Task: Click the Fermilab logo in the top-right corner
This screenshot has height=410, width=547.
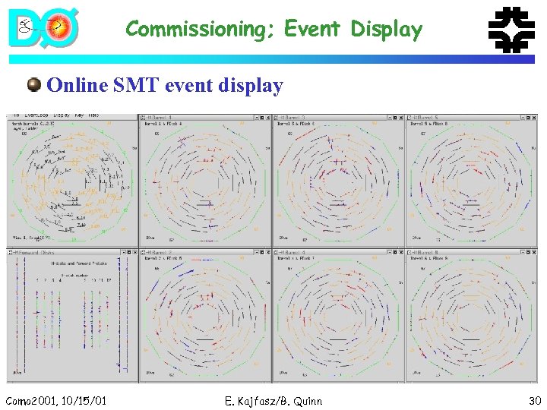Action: click(510, 30)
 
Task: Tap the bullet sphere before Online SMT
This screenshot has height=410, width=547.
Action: click(34, 84)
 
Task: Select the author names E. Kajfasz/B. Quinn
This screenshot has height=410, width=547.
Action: click(273, 400)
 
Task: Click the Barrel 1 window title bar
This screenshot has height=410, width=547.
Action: click(198, 118)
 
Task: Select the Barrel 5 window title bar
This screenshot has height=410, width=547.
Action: click(463, 118)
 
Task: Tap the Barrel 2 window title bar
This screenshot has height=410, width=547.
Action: click(198, 252)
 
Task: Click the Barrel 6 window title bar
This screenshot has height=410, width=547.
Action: click(463, 252)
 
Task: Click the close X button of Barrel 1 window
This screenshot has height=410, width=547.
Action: click(267, 118)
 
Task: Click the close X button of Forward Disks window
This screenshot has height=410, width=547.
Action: click(134, 252)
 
